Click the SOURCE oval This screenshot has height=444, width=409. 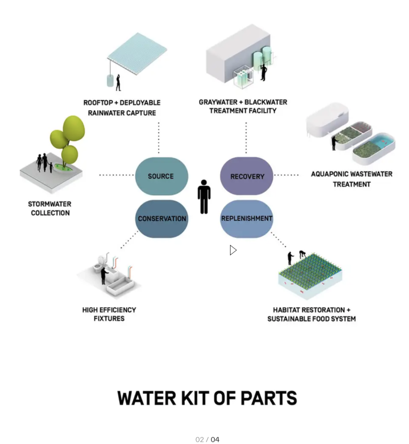coord(161,176)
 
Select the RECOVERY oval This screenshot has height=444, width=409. coord(247,176)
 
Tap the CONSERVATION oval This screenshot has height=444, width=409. coord(161,219)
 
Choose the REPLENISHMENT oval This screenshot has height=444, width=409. coord(247,219)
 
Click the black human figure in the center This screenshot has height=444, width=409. coord(204,197)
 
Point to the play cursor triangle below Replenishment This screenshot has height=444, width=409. coord(233,250)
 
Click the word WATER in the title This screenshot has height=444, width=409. coord(147,398)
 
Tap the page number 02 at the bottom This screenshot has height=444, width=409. coord(199,439)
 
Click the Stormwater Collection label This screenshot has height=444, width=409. coord(50,208)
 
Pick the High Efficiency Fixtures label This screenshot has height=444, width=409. coord(109,314)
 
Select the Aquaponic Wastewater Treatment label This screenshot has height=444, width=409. coord(351,179)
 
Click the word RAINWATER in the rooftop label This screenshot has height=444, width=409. coord(106,113)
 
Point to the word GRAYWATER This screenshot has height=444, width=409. coord(218,102)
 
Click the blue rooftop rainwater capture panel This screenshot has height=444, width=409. coord(137,53)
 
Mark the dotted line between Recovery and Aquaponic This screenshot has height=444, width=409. coord(286,175)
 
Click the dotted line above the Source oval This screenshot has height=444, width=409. coord(159,138)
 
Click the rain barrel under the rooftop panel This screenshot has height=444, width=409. coord(110,80)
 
